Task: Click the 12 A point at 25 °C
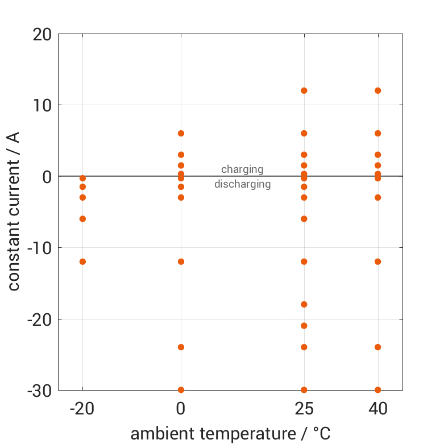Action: click(304, 90)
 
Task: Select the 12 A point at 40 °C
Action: click(377, 90)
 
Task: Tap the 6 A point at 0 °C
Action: click(181, 133)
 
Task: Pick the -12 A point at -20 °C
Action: click(82, 262)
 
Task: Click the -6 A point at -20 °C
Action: click(82, 219)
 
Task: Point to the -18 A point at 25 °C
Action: click(304, 304)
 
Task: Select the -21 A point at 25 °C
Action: click(304, 326)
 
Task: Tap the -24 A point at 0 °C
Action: click(181, 347)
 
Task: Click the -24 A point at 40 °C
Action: click(377, 347)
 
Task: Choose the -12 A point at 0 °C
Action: click(181, 262)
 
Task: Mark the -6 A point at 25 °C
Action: click(304, 219)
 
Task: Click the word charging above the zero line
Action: click(242, 169)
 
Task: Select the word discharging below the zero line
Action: click(242, 184)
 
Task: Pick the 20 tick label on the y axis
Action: click(42, 35)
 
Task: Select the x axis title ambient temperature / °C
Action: click(230, 434)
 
